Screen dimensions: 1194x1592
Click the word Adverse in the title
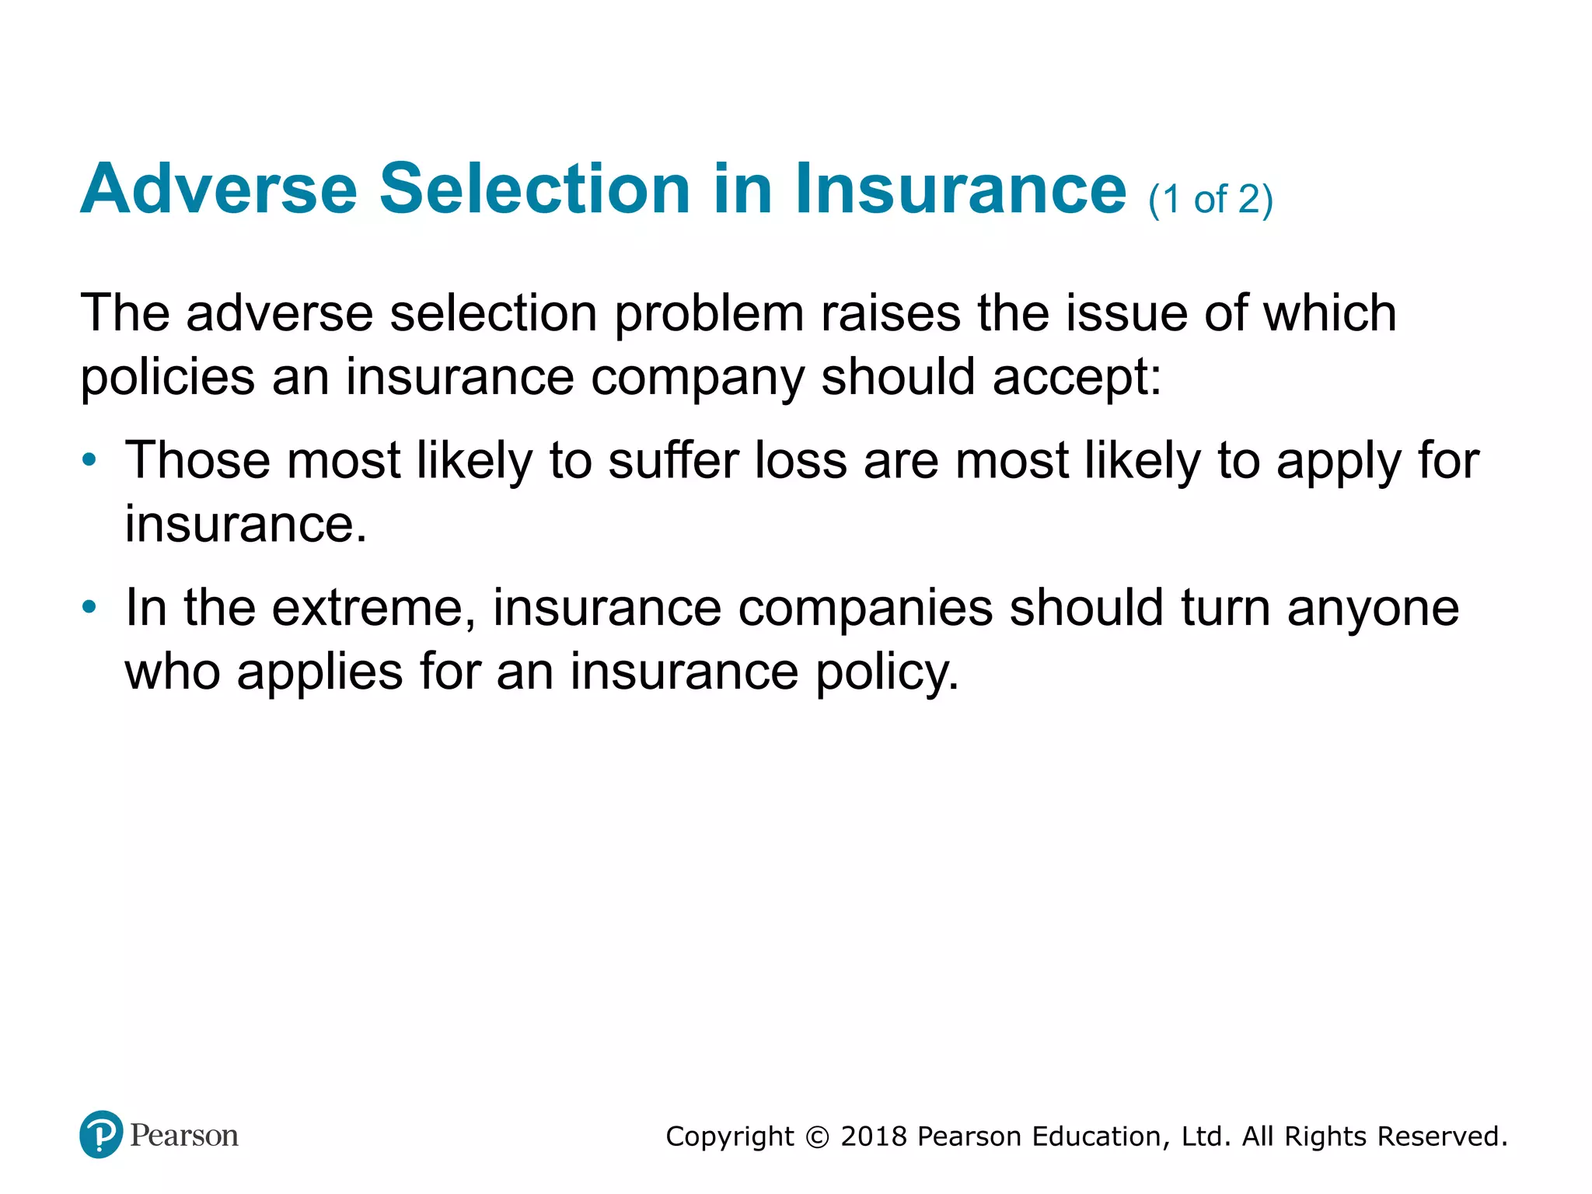(x=218, y=189)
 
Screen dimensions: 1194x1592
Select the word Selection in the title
(x=535, y=189)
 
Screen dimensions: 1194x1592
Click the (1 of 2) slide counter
(x=1210, y=200)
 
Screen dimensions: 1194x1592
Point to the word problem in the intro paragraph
(x=708, y=315)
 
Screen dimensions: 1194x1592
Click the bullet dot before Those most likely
(x=89, y=459)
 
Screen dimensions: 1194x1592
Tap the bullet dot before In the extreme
(x=89, y=606)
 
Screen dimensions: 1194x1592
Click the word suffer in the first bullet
(x=673, y=460)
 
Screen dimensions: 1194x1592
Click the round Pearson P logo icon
(x=101, y=1134)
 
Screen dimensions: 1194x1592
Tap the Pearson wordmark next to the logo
(x=184, y=1136)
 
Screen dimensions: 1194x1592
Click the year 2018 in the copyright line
(x=874, y=1136)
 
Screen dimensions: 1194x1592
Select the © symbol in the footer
(x=817, y=1137)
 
